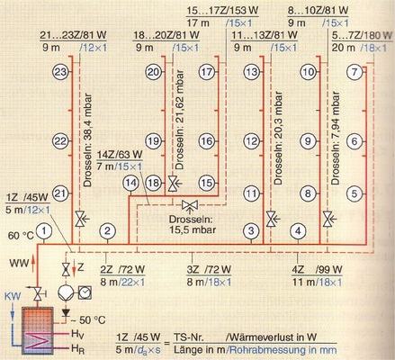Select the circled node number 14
click(132, 183)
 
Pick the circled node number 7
click(355, 71)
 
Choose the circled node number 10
click(309, 71)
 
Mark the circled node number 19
click(154, 141)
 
